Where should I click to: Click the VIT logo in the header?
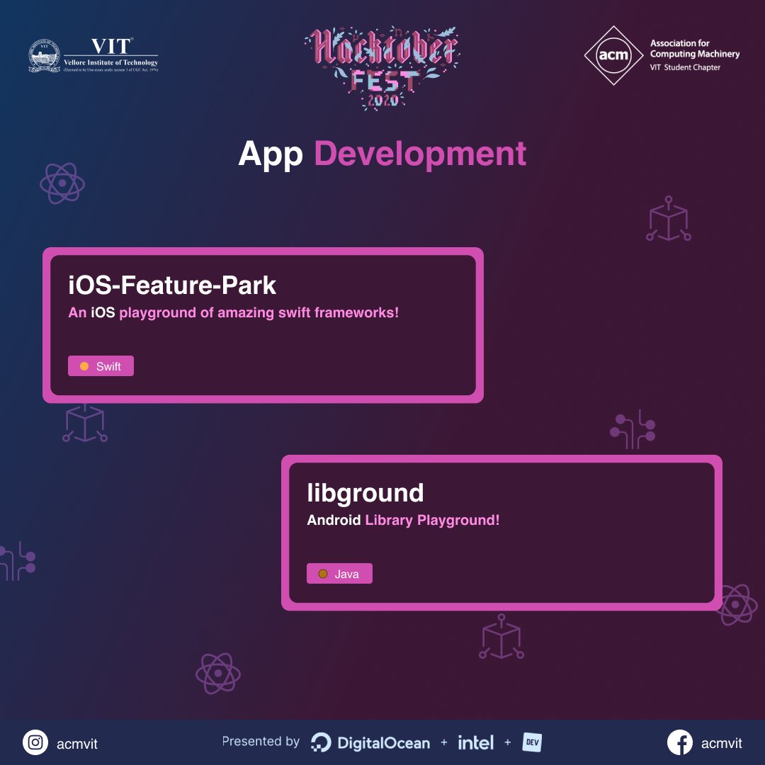93,55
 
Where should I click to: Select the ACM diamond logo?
613,55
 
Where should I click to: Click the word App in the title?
271,154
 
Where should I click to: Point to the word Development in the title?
420,154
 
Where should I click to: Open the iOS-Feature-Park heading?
172,285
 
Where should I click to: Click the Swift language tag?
101,366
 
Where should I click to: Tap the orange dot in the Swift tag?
84,366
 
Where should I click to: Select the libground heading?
365,493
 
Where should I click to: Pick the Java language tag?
339,574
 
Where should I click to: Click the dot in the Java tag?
323,574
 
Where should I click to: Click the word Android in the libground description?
334,520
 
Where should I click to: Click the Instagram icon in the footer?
35,742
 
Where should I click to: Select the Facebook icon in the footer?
680,742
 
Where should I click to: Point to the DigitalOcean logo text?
383,743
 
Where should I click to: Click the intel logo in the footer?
475,742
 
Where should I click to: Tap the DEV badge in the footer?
532,742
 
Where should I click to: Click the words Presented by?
261,742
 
